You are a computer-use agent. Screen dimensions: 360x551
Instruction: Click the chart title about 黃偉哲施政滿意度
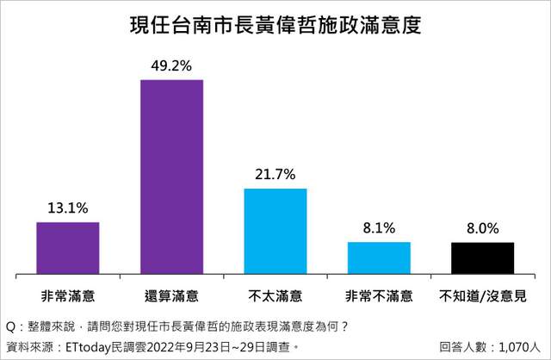tap(275, 24)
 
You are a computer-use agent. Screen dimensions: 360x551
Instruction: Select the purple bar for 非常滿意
tap(67, 248)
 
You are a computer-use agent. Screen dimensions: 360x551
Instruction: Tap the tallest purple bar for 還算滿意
tap(171, 177)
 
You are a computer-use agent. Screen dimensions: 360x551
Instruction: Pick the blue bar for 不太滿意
tap(275, 231)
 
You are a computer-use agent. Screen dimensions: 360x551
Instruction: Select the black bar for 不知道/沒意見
tap(482, 258)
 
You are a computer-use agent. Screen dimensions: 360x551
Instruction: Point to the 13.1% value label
tap(67, 208)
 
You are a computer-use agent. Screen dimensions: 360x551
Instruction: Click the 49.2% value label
tap(171, 65)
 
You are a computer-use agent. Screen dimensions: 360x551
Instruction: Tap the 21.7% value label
tap(275, 174)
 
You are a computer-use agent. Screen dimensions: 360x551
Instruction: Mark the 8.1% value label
tap(379, 228)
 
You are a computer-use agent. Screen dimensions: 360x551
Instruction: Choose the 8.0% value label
tap(482, 228)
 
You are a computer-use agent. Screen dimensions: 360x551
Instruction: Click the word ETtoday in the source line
tap(92, 347)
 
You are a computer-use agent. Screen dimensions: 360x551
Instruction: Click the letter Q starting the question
tap(10, 327)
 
